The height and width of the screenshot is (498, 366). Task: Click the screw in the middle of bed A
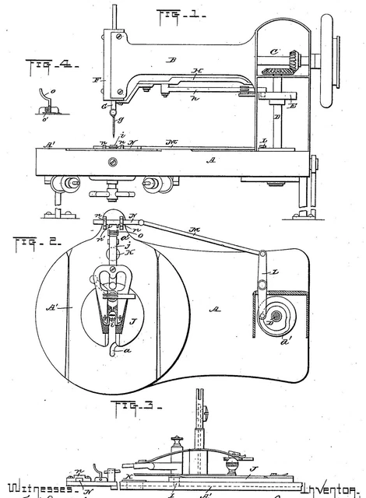(x=114, y=162)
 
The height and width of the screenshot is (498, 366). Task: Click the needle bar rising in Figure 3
(x=199, y=432)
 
